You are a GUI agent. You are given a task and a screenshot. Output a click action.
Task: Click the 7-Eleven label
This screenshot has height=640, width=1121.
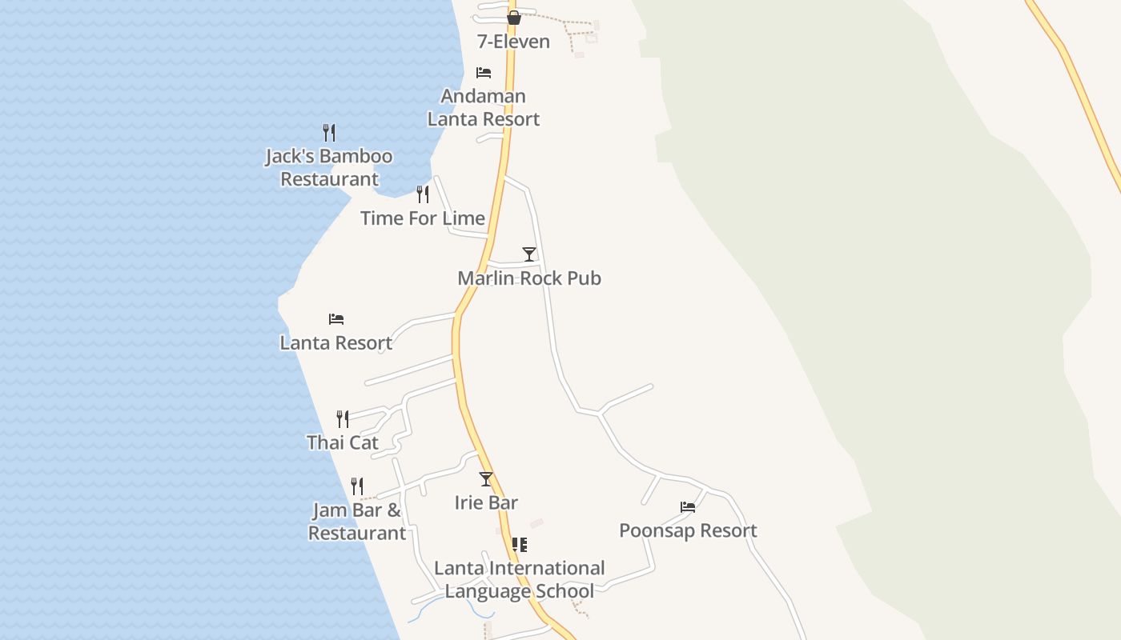(x=513, y=42)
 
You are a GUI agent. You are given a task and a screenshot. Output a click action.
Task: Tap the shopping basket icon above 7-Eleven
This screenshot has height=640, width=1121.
(x=514, y=18)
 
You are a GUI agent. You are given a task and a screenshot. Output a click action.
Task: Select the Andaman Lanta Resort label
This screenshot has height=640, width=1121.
(x=484, y=107)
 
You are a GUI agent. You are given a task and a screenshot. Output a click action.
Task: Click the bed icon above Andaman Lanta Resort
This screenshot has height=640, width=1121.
(x=484, y=73)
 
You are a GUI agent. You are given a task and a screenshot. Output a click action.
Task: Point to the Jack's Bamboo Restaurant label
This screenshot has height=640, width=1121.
(x=329, y=167)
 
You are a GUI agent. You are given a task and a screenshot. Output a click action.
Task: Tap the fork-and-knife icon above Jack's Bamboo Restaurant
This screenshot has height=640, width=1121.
(x=329, y=133)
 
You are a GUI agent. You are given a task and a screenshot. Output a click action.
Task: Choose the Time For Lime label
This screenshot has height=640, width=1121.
(x=422, y=218)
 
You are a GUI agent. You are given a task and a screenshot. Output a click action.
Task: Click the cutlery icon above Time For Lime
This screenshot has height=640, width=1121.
(x=423, y=194)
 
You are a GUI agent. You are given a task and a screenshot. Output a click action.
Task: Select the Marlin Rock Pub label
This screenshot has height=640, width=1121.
(x=528, y=278)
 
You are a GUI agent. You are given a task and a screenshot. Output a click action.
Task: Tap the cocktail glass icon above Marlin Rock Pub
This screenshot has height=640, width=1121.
(x=528, y=254)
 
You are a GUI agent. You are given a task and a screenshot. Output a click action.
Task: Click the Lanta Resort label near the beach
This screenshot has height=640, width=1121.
(x=335, y=342)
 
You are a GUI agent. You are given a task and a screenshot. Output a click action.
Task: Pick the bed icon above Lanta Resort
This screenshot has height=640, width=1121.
(x=336, y=319)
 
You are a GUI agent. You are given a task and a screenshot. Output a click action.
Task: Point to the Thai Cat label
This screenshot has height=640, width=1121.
(x=342, y=442)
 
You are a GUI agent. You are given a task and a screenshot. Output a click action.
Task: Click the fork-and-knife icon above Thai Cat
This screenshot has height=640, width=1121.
(x=343, y=419)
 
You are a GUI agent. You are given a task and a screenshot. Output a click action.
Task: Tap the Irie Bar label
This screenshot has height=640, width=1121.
(x=486, y=502)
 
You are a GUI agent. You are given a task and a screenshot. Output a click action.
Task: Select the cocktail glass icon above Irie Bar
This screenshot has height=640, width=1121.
(x=486, y=479)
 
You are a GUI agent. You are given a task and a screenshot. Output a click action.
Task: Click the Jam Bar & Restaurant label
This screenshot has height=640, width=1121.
(x=357, y=522)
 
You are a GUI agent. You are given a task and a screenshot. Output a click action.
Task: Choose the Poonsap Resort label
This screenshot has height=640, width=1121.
(x=688, y=530)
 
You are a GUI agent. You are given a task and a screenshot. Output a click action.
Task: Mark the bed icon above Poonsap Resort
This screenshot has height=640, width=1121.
(x=688, y=506)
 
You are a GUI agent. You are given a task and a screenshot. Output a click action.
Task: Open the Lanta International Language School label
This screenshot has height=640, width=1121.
(x=519, y=579)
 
